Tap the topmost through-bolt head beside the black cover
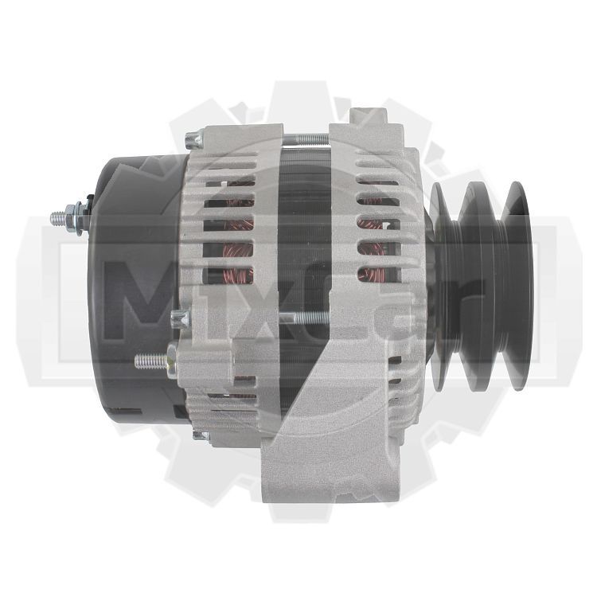tap(194, 140)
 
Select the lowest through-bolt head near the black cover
tap(201, 435)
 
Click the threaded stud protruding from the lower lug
tap(151, 361)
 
